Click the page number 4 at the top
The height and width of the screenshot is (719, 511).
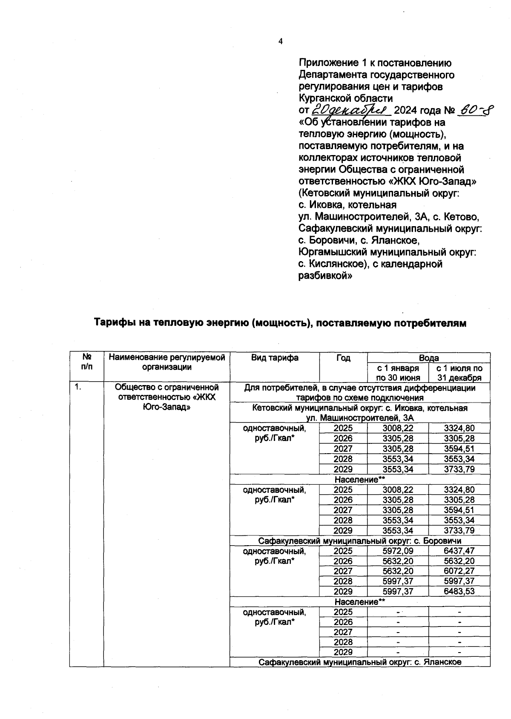pos(280,41)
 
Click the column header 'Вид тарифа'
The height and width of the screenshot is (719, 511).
pos(275,358)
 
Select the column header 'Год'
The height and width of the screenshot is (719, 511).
pos(343,358)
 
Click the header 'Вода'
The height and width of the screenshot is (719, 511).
pos(428,358)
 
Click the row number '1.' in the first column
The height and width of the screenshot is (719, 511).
pos(78,387)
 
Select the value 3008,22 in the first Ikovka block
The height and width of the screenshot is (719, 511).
pos(398,428)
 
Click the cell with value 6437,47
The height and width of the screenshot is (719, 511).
pos(459,551)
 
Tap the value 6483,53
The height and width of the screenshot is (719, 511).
pos(459,591)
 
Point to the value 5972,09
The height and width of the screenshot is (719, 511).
pos(398,551)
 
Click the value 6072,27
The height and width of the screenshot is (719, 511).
pos(459,571)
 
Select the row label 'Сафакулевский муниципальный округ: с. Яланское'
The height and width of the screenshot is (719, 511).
pos(360,662)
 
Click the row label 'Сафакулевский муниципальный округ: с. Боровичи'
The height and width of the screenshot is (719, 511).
pos(360,541)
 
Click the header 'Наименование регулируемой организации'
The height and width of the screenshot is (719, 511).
pos(167,362)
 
